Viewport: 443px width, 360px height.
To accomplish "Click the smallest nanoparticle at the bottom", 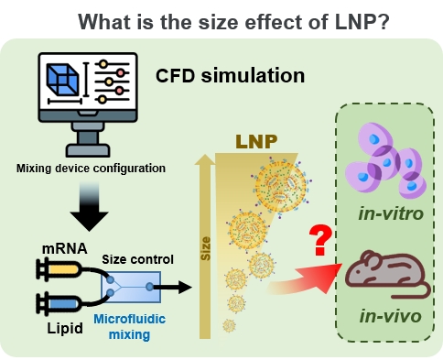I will (229, 325).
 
